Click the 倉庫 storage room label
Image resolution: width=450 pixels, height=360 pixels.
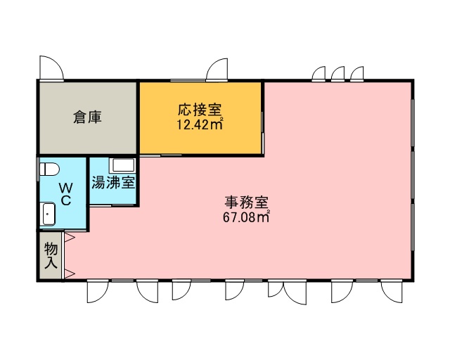click(87, 117)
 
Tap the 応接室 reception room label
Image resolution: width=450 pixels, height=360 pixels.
click(200, 110)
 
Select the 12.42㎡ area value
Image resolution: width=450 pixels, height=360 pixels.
click(200, 124)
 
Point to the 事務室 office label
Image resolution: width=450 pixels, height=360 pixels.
click(246, 202)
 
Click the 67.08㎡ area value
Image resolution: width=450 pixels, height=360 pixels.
click(246, 217)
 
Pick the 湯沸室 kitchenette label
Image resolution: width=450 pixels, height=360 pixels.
click(113, 183)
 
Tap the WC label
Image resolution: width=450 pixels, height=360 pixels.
click(65, 194)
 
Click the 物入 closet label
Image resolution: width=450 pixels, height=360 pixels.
click(51, 256)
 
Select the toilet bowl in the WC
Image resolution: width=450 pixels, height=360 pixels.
click(49, 169)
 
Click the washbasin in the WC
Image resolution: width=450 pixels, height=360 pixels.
click(49, 214)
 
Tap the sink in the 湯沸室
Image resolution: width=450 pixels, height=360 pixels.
click(122, 165)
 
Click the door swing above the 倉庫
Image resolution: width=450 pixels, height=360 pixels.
click(51, 67)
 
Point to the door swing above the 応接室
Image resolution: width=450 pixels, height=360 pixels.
click(217, 69)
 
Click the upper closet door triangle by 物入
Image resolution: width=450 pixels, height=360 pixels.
click(70, 238)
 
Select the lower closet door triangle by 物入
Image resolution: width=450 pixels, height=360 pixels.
click(70, 274)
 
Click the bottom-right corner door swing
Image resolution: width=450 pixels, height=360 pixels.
click(392, 291)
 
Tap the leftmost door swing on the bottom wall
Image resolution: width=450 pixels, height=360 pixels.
click(98, 291)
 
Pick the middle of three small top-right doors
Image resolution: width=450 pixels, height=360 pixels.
click(337, 73)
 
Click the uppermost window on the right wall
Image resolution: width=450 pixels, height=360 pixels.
click(413, 122)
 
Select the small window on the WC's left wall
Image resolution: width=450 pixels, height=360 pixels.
click(38, 169)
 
